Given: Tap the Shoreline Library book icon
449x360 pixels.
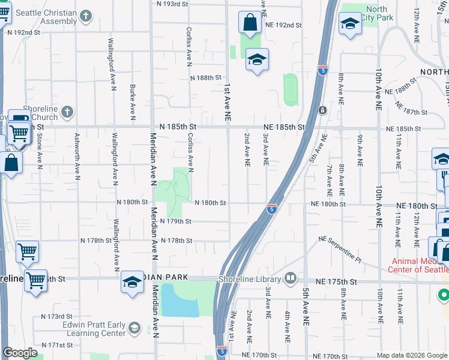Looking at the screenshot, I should tap(291, 278).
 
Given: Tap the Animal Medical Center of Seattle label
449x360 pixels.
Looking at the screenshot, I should tap(420, 265).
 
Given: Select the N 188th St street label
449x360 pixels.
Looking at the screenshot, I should tap(206, 78).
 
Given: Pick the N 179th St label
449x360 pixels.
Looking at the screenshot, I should tap(176, 221).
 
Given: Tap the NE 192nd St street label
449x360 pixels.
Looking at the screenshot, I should tap(282, 25).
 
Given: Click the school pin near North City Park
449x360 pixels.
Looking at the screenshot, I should tap(350, 24).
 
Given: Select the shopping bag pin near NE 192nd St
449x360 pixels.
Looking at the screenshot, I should tap(249, 23).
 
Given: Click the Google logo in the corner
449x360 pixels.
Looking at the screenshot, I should tap(20, 353).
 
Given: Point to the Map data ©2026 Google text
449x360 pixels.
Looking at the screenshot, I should tap(412, 355).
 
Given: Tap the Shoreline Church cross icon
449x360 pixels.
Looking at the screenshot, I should tap(67, 112).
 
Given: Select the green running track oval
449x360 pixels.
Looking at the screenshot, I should tap(290, 89).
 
